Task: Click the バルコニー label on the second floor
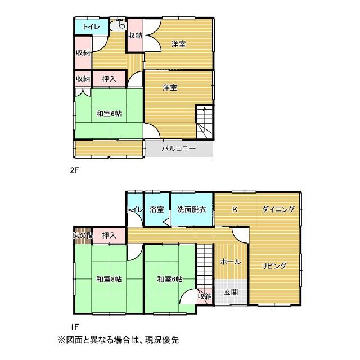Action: (x=178, y=149)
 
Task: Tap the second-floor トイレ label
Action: (x=88, y=26)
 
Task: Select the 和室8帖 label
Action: (x=108, y=280)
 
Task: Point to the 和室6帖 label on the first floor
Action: (x=169, y=280)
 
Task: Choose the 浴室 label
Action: (x=157, y=210)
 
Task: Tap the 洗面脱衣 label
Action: (x=191, y=210)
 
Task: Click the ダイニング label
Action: (x=278, y=210)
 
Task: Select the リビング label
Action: (x=274, y=265)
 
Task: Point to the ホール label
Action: (x=231, y=262)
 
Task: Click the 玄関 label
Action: (x=231, y=292)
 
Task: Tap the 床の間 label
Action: (x=82, y=236)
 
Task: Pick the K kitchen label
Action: (x=235, y=210)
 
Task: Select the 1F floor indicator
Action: (x=74, y=326)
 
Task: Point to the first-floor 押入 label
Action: (x=109, y=236)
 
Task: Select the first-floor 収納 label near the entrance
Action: (x=204, y=296)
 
